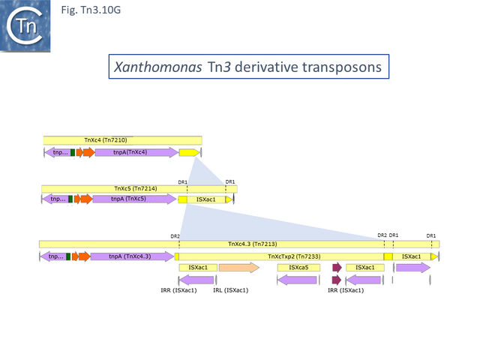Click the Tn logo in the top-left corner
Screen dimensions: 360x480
25,25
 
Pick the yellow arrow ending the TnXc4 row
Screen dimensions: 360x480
189,153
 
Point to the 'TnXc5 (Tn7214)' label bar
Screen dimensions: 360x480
136,188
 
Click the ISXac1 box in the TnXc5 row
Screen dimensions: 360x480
206,199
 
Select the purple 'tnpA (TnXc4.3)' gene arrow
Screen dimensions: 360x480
130,256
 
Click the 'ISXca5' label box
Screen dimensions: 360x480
293,267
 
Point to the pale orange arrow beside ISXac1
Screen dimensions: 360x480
238,268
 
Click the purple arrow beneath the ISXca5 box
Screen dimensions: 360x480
297,280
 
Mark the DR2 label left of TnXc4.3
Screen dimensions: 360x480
175,236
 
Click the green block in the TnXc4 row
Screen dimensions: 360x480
73,153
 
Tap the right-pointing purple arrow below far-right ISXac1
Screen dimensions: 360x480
413,268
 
